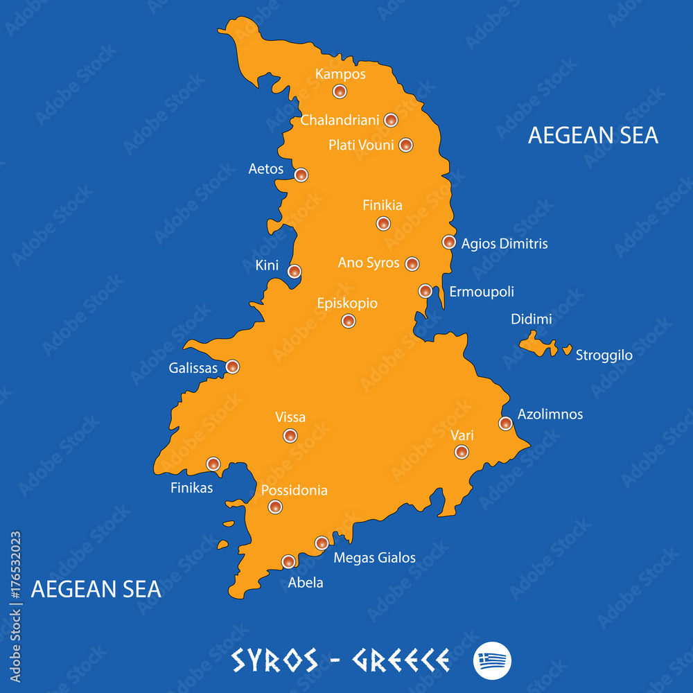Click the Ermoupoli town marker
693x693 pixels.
coord(426,291)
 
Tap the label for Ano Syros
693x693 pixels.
coord(369,263)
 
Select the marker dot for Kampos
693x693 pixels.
coord(340,91)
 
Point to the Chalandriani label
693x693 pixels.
coord(340,121)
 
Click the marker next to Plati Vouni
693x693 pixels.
coord(406,145)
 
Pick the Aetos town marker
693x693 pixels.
coord(301,175)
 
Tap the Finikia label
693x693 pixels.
coord(383,205)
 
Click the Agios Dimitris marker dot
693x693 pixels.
coord(449,242)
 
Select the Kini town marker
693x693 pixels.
coord(295,271)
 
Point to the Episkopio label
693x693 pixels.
coord(347,304)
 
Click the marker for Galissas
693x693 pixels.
coord(233,367)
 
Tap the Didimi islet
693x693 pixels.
coord(537,343)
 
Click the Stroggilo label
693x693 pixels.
coord(604,356)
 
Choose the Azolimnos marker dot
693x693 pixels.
coord(506,423)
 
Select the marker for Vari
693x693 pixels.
coord(462,452)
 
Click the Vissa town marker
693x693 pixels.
coord(290,436)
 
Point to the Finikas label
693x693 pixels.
coord(191,488)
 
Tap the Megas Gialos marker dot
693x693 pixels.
coord(322,543)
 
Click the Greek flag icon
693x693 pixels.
coord(492,660)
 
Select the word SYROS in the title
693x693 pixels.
coord(274,660)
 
